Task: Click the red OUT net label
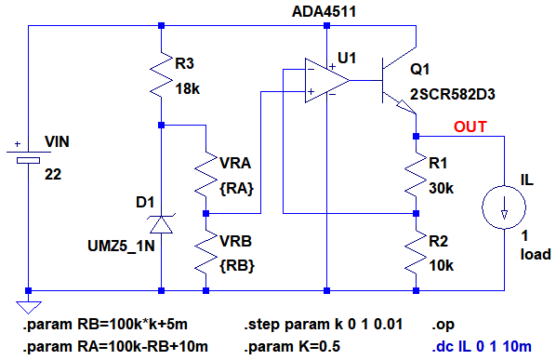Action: click(470, 127)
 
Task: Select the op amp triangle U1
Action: click(326, 81)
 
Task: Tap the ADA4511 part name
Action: click(324, 12)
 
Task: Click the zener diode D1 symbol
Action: click(162, 224)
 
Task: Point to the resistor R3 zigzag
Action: click(162, 74)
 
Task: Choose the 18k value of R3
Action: click(188, 89)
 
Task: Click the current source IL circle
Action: click(504, 207)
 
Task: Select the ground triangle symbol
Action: click(29, 307)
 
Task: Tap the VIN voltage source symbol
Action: click(29, 156)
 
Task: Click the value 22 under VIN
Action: click(53, 175)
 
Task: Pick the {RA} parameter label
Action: click(236, 188)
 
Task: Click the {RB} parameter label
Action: click(237, 266)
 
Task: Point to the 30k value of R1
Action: click(441, 188)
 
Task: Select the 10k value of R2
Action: click(441, 266)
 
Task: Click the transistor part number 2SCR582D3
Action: click(453, 95)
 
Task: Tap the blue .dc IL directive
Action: click(482, 347)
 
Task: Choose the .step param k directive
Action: click(323, 325)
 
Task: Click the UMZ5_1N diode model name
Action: click(121, 247)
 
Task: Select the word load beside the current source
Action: click(536, 254)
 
